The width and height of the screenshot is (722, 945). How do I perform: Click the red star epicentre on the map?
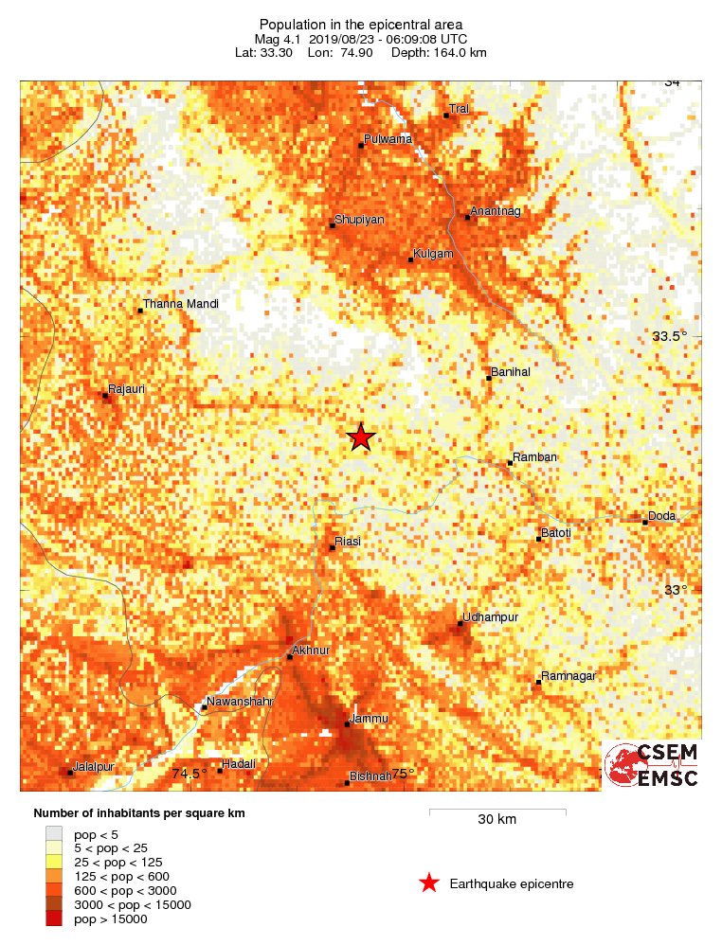coord(360,437)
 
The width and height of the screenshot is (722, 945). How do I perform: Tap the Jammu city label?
coord(369,719)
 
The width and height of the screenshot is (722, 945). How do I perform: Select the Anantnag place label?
coord(496,210)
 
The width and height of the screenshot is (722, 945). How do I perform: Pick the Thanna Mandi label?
coord(181,304)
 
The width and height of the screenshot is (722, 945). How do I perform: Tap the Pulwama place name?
coord(388,139)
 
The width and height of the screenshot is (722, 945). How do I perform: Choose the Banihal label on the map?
coord(510,372)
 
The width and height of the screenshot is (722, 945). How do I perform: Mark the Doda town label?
coord(661,515)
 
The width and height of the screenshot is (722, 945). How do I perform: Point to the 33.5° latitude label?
coord(670,336)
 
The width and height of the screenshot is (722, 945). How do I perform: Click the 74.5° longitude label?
coord(189,774)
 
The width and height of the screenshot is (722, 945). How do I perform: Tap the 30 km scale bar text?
coord(496,819)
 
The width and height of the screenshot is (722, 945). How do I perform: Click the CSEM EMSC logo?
coord(653,765)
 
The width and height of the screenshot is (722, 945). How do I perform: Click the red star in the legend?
coord(428,883)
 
